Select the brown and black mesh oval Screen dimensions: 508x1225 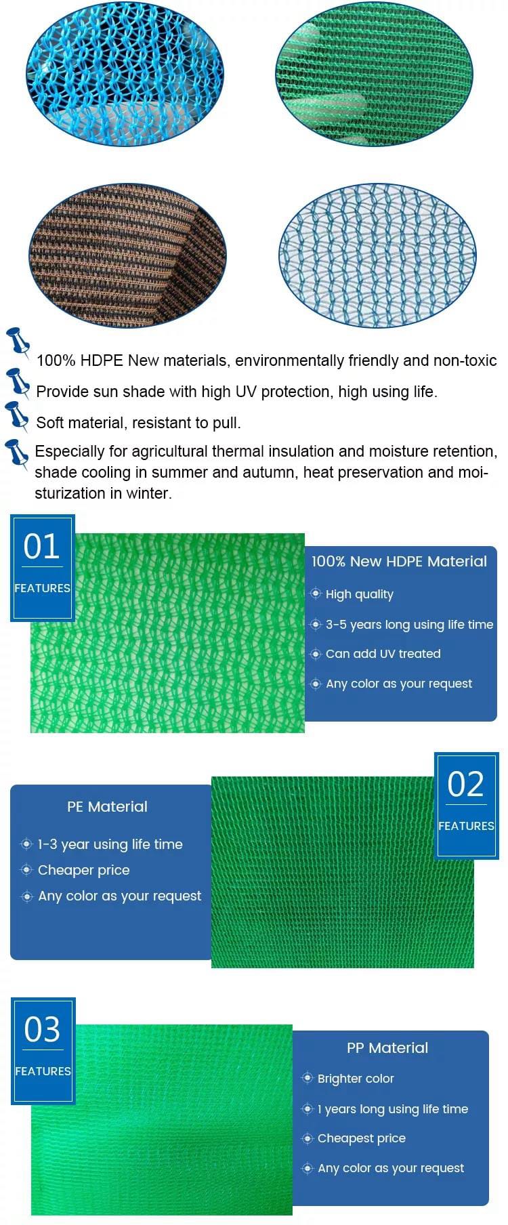pos(127,255)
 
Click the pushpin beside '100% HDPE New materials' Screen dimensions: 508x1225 pos(18,342)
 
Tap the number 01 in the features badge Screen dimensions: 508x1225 pos(41,546)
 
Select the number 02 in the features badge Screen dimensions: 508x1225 pos(466,784)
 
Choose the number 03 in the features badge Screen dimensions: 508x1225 pos(42,1029)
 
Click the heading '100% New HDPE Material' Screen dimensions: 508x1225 pos(399,561)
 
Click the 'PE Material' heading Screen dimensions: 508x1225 pos(107,806)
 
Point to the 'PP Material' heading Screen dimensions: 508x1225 pos(387,1047)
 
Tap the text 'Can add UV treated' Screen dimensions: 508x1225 pos(383,654)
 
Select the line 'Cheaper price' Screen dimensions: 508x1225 pos(84,870)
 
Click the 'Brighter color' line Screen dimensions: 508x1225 pos(356,1078)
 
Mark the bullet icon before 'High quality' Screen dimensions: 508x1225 pos(316,594)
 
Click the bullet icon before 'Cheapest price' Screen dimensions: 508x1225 pos(308,1138)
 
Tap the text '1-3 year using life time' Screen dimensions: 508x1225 pos(110,844)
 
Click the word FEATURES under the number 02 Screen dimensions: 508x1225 pos(466,826)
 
